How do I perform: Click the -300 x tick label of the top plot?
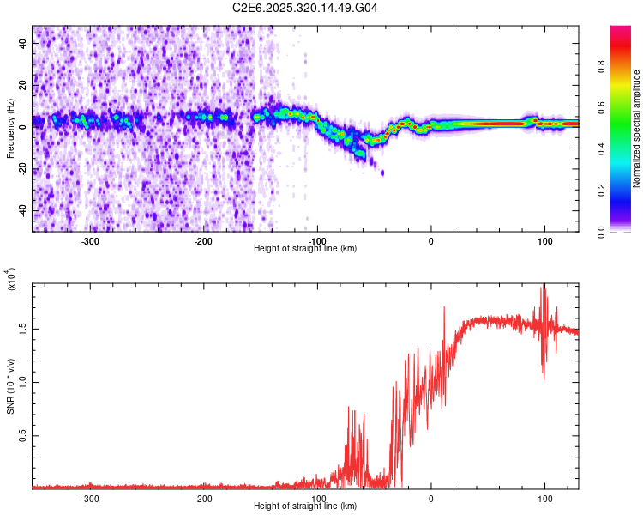(91, 240)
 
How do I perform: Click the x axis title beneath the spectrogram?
(305, 248)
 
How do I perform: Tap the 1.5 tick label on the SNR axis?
(23, 328)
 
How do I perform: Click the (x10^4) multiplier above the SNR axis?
(10, 279)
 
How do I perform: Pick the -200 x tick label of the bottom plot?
(204, 499)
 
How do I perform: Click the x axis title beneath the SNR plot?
(305, 506)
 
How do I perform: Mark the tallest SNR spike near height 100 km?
(543, 286)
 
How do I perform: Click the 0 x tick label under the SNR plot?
(431, 499)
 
